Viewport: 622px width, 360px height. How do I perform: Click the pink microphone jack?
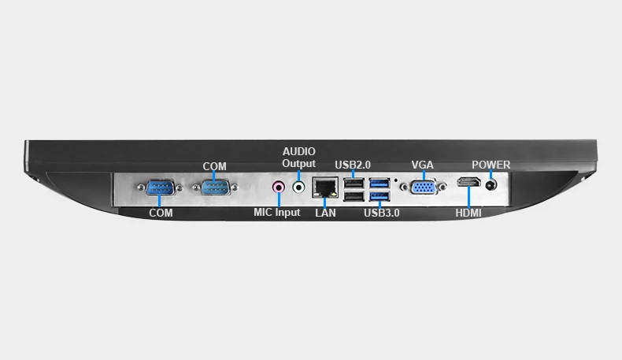(x=279, y=187)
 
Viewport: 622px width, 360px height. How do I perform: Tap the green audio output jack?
(x=298, y=187)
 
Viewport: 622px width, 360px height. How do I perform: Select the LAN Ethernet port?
(x=325, y=187)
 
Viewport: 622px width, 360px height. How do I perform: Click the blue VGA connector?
(x=424, y=187)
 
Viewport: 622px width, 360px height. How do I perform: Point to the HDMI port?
(x=469, y=182)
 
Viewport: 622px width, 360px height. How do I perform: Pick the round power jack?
(x=491, y=185)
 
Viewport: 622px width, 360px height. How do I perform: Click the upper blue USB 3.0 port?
(x=379, y=183)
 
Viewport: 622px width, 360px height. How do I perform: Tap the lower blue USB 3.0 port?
(x=379, y=196)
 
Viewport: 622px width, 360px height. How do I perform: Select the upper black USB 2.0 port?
(x=354, y=183)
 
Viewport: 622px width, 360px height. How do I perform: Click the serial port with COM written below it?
(x=160, y=187)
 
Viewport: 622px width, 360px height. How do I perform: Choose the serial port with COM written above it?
(x=215, y=187)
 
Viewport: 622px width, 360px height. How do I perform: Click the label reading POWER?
(x=491, y=165)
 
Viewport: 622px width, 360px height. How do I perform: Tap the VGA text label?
(x=423, y=165)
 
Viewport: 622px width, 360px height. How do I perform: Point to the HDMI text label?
(x=468, y=213)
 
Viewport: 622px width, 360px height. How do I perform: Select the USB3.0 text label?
(x=382, y=213)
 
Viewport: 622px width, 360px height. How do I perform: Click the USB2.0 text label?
(x=353, y=165)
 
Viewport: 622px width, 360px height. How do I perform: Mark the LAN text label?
(x=326, y=213)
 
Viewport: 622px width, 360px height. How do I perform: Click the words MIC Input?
(x=277, y=213)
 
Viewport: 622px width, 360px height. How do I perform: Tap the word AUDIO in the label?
(x=299, y=151)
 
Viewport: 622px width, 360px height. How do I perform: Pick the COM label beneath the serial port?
(x=161, y=213)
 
